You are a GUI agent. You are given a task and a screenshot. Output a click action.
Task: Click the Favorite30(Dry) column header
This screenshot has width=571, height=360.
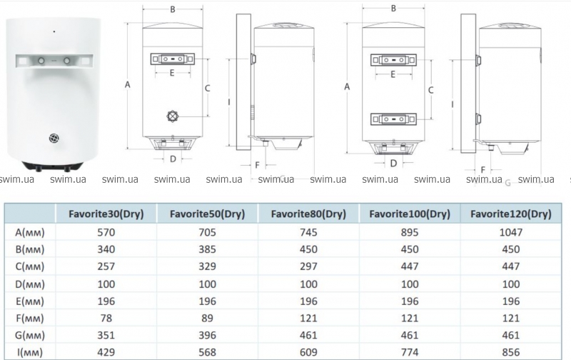tap(106, 214)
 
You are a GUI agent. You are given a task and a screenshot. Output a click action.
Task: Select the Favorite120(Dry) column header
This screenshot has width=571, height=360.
tap(511, 214)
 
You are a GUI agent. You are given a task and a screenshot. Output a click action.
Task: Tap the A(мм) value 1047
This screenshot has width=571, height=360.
tap(511, 232)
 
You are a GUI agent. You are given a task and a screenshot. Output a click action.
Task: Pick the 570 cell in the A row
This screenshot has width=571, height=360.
tap(106, 232)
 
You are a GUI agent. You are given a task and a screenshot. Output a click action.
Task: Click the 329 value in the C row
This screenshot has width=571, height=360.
tap(207, 266)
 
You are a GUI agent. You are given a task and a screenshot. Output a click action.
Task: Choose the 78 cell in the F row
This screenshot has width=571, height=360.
tap(106, 318)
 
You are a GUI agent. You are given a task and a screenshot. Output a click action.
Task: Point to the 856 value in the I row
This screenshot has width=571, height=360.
tap(511, 352)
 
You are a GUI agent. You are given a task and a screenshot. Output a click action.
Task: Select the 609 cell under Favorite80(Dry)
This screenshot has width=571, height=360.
tap(308, 352)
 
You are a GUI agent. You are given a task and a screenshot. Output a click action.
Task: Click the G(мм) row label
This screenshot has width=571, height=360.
tap(30, 335)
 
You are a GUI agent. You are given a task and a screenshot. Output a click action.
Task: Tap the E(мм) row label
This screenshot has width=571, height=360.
tap(30, 301)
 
